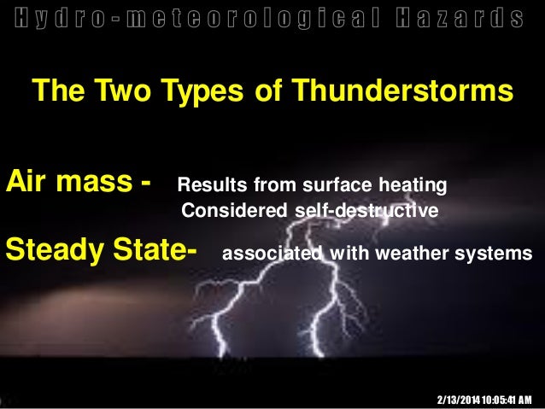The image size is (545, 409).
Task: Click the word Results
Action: pyautogui.click(x=209, y=185)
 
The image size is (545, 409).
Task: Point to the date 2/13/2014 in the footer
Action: pyautogui.click(x=459, y=399)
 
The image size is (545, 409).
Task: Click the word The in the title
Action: pyautogui.click(x=53, y=91)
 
